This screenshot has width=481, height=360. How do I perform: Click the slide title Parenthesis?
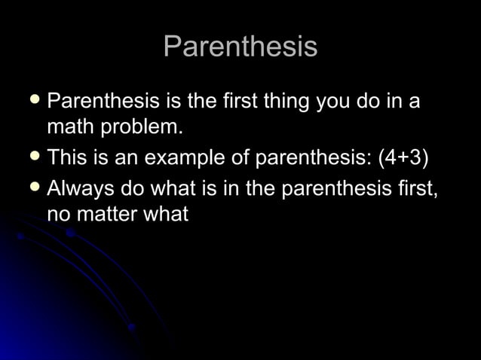pyautogui.click(x=240, y=47)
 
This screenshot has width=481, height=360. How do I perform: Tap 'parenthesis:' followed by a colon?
pyautogui.click(x=313, y=158)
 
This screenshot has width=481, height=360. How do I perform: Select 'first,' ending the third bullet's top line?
pyautogui.click(x=415, y=187)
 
